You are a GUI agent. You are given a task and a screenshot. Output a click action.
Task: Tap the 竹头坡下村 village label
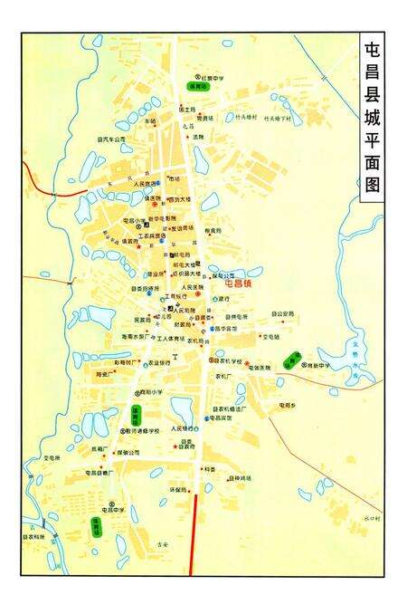point(279,118)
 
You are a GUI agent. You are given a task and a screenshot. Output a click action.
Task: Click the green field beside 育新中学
point(291,360)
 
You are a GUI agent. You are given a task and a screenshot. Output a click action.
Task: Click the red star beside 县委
point(176,446)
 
